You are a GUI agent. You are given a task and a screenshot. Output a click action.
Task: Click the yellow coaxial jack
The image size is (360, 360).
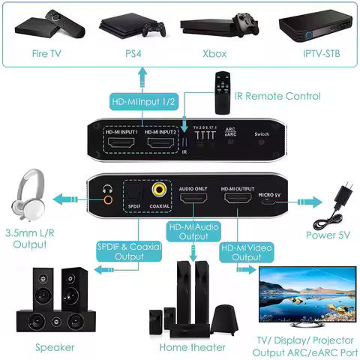(156, 190)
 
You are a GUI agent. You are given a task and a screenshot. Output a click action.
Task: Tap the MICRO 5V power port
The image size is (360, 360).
(269, 204)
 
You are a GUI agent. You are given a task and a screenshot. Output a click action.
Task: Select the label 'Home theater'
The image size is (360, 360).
(193, 347)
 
